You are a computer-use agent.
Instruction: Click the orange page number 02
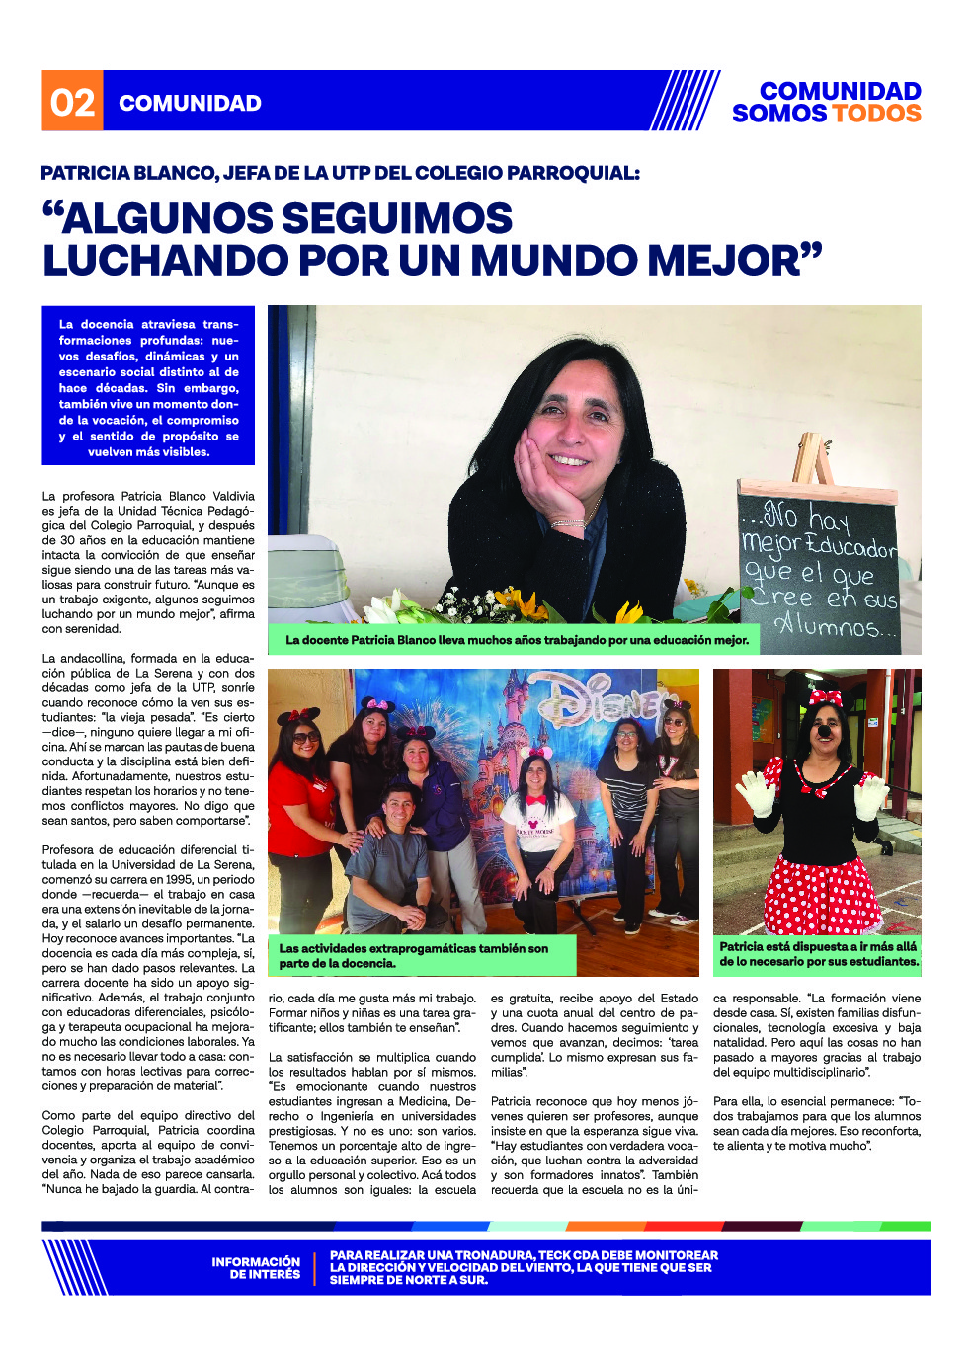72,102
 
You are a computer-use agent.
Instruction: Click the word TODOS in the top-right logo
874,114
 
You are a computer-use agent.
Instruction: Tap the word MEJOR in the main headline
731,260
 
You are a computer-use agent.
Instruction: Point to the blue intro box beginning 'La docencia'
148,386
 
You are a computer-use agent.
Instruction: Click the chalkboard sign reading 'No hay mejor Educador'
818,564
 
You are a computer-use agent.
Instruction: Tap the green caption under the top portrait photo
516,640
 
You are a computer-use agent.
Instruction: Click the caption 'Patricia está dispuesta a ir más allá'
818,953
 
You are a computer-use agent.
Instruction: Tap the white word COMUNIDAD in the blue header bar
190,103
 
